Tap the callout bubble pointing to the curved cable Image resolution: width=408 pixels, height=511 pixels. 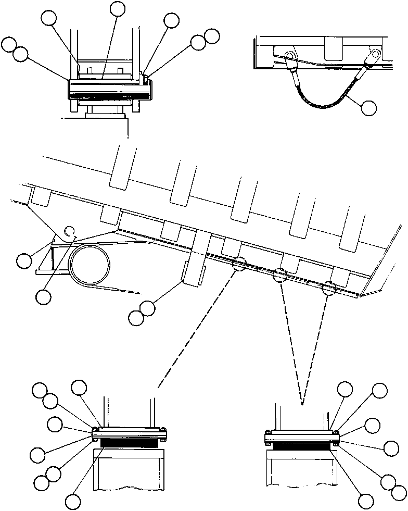[x=369, y=108]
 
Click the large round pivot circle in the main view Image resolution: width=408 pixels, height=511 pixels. [x=91, y=265]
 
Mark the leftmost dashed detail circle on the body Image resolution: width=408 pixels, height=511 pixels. [x=240, y=264]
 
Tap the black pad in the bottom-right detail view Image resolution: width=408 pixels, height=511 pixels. [x=301, y=446]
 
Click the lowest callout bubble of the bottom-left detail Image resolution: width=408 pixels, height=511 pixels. [x=73, y=502]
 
